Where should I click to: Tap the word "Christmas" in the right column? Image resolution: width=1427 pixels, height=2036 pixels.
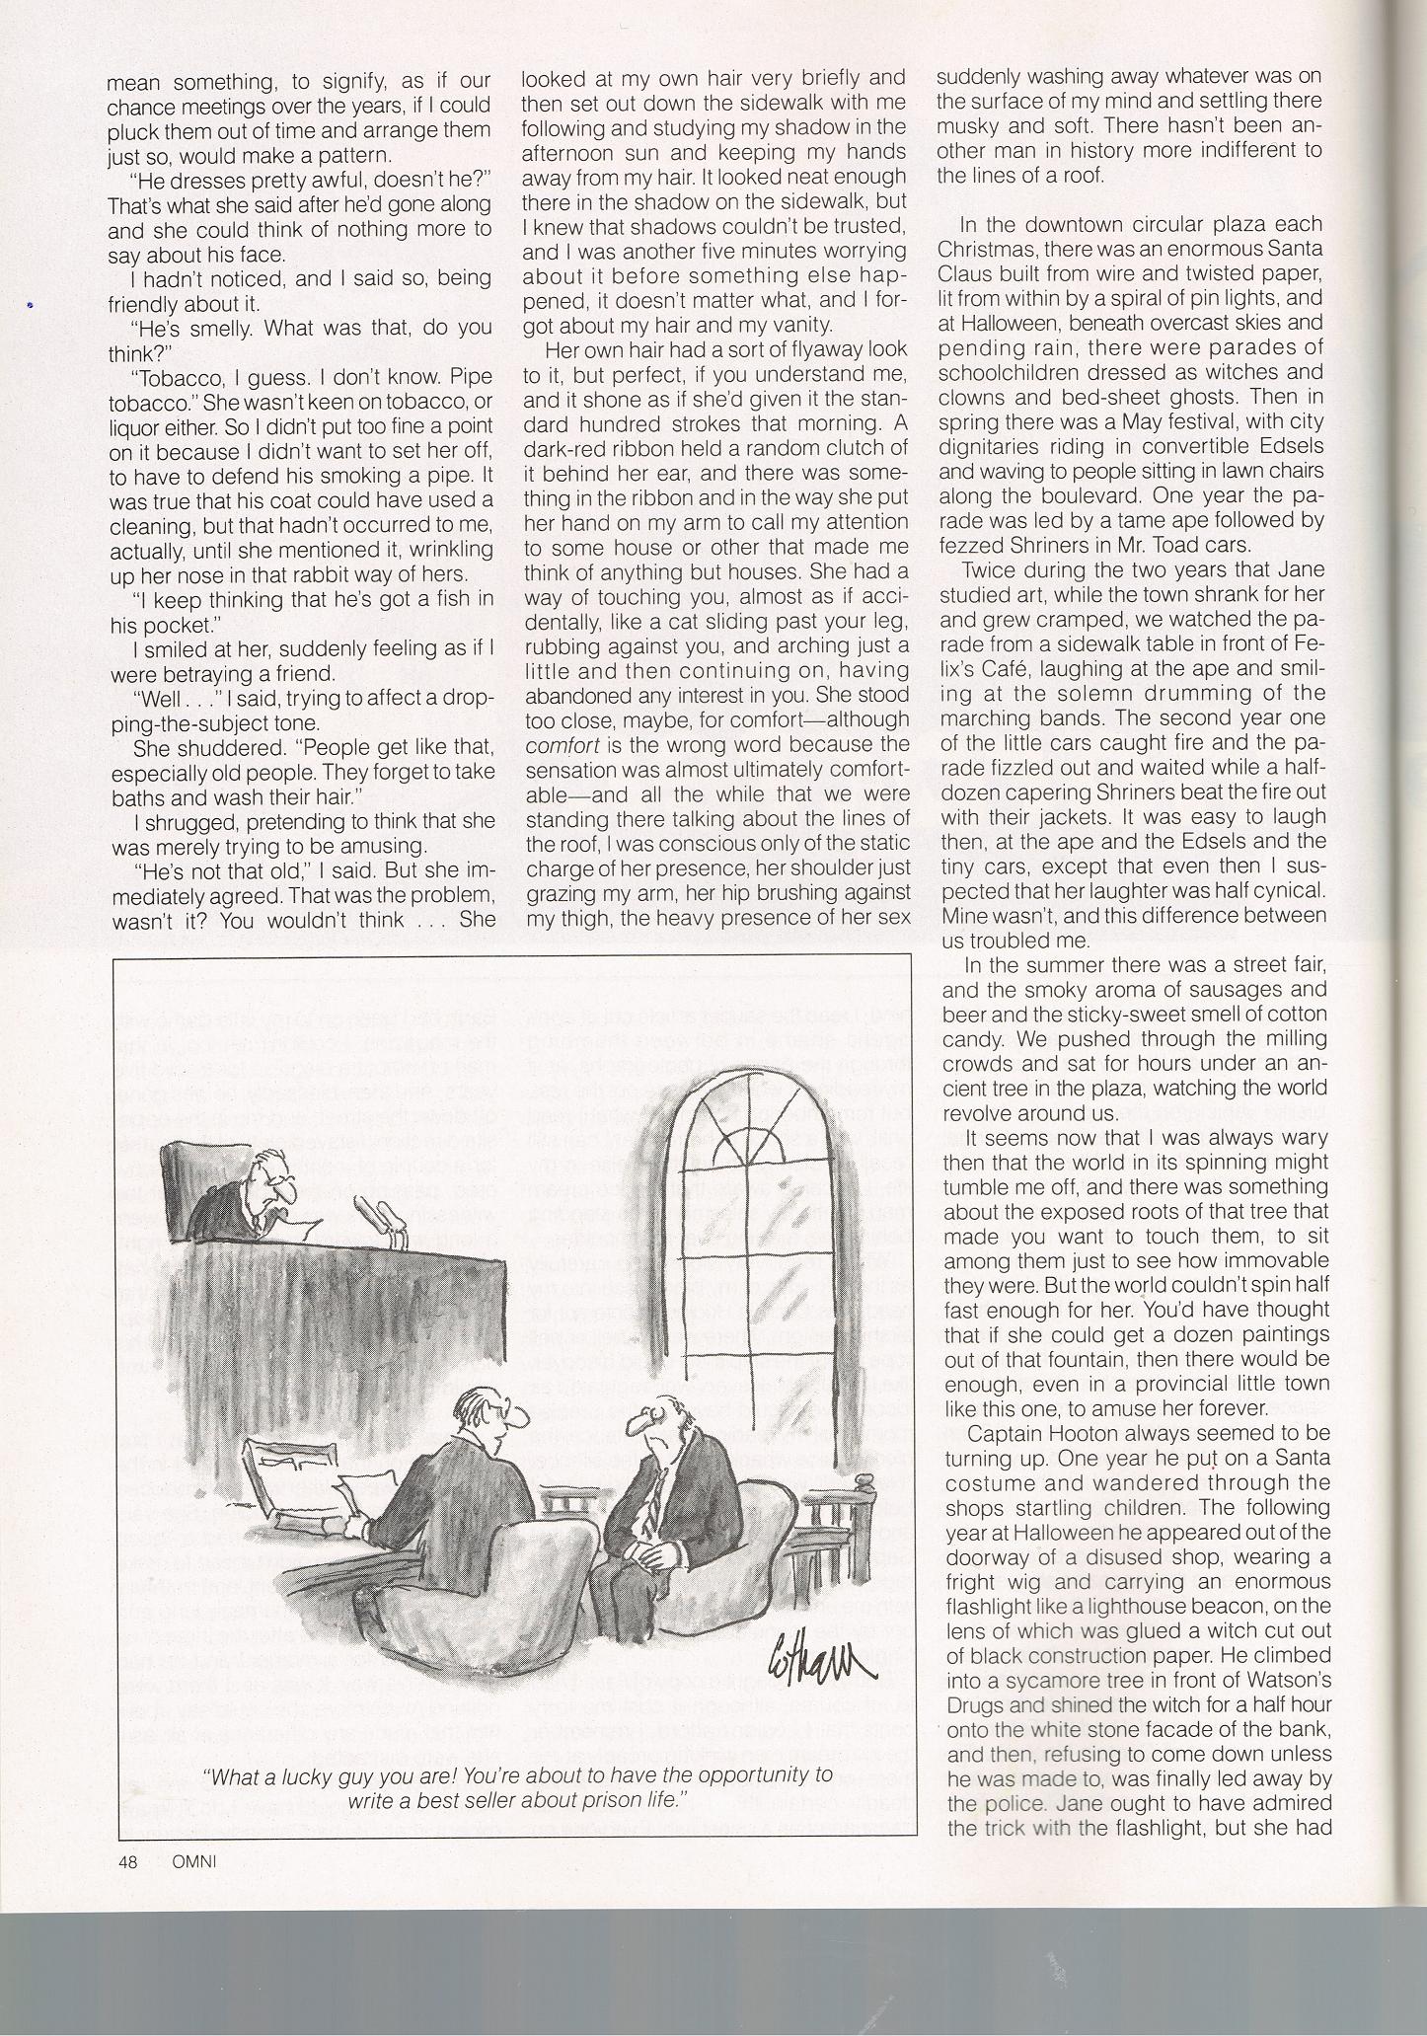click(983, 249)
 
